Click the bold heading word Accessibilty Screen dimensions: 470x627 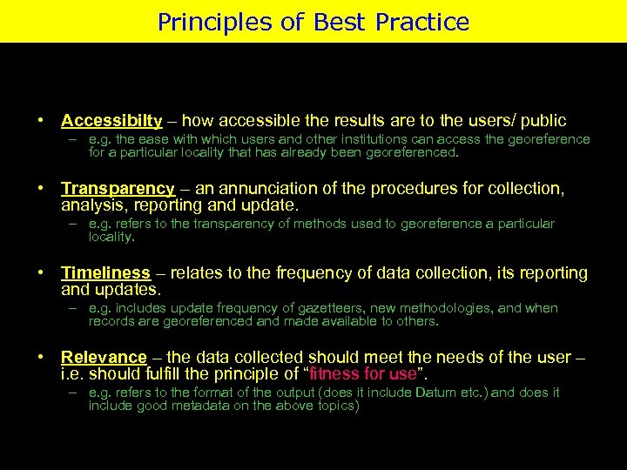(x=111, y=121)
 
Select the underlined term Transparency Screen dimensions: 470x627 (x=118, y=189)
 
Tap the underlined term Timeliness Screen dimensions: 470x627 (x=105, y=273)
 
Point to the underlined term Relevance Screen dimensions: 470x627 (x=104, y=358)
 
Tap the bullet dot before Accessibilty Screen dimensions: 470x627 (x=41, y=121)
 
